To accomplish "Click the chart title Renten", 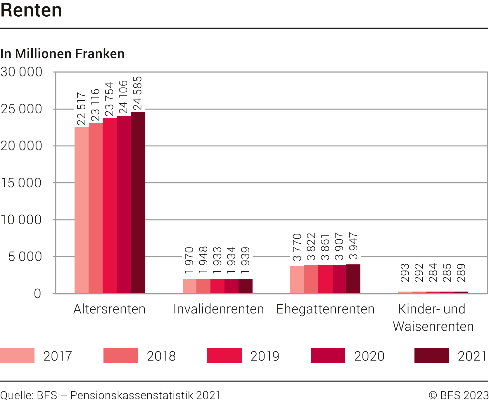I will (31, 10).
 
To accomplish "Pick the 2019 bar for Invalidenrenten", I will (217, 286).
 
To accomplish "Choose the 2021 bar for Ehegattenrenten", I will (353, 279).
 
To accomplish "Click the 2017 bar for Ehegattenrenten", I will (297, 280).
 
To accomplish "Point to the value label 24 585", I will (137, 93).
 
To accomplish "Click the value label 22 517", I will (81, 109).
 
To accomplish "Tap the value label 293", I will (405, 273).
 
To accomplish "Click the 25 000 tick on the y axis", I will (22, 109).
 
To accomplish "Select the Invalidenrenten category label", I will (219, 309).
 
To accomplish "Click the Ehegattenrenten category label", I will (325, 309).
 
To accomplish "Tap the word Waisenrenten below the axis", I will (433, 326).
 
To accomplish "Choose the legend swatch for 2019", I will (224, 355).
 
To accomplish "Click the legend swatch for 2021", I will (431, 355).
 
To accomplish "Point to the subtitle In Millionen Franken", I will (63, 54).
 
